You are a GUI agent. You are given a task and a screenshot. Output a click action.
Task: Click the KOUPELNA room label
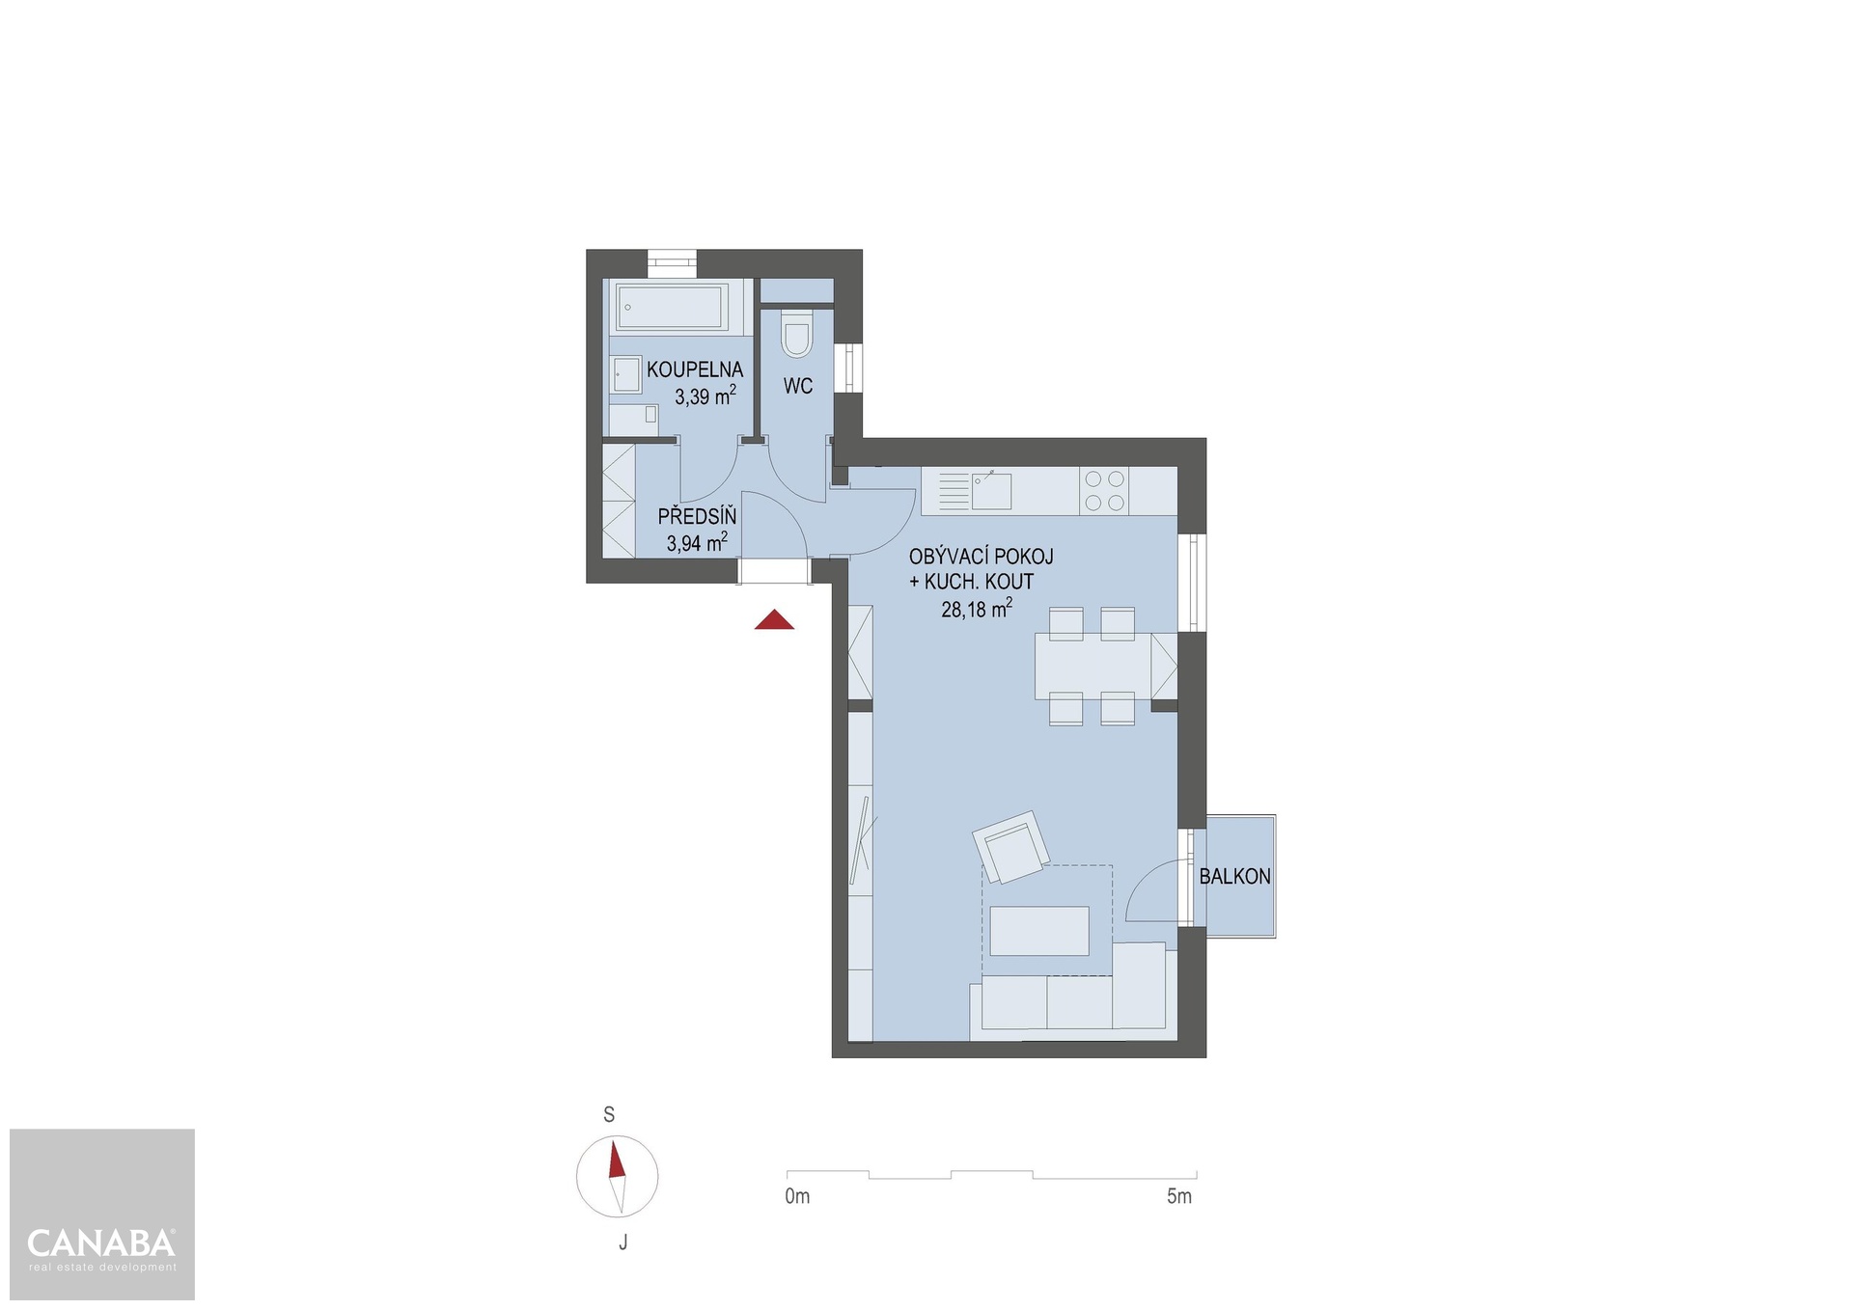[695, 369]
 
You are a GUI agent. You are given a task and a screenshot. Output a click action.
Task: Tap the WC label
[798, 386]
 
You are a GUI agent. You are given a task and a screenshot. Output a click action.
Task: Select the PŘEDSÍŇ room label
[697, 516]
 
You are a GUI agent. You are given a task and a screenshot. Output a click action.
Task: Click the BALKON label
[1234, 877]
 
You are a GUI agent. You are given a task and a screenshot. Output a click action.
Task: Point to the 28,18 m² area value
[977, 609]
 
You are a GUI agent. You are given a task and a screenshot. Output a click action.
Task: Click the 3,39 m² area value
[705, 396]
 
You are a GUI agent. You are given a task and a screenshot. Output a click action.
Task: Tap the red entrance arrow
[774, 620]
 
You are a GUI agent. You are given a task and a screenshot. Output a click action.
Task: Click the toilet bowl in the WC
[797, 335]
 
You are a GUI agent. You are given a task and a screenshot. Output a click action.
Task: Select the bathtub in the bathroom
[673, 307]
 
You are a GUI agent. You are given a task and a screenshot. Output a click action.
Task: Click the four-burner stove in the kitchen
[1105, 490]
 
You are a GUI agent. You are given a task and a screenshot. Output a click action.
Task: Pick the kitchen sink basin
[991, 491]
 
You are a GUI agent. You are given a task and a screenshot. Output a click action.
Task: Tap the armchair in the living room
[1011, 847]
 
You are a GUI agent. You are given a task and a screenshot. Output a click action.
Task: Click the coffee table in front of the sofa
[1039, 931]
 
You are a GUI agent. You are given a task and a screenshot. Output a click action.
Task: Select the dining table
[1093, 666]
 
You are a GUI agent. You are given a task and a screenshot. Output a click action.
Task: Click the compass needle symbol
[618, 1177]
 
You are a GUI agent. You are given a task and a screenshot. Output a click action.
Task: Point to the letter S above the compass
[609, 1115]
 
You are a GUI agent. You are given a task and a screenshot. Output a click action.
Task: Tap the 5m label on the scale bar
[1179, 1197]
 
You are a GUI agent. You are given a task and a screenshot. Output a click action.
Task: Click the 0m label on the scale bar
[797, 1197]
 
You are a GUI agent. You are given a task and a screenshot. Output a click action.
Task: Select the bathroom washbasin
[626, 374]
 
